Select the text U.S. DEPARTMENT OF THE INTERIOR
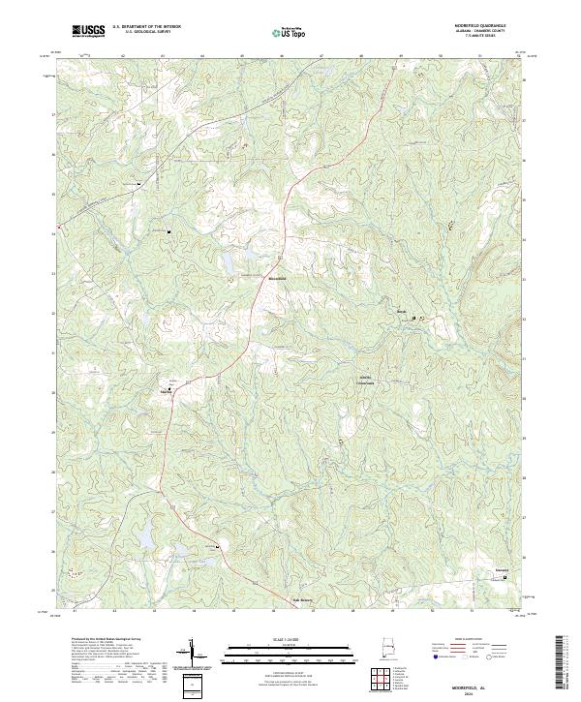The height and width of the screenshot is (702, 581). click(145, 28)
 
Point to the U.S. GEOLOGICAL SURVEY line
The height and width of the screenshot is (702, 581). click(145, 33)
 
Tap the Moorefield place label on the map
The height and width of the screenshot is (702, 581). click(277, 281)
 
